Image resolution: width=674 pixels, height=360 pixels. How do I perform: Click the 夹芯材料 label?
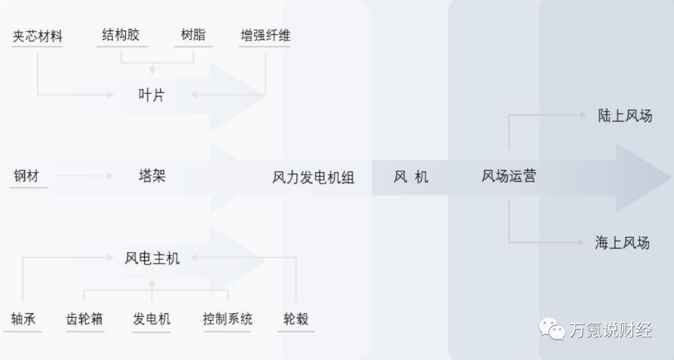tap(37, 36)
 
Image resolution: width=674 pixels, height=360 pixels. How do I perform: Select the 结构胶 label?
tap(120, 35)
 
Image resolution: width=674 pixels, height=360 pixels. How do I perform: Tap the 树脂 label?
tap(193, 35)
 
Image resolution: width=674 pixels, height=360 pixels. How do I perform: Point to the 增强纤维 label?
tap(265, 36)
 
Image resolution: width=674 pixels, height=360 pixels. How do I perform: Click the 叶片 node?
tap(152, 95)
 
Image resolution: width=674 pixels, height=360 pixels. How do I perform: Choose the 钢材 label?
tap(26, 176)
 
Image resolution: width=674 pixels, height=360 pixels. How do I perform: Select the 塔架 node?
tap(152, 175)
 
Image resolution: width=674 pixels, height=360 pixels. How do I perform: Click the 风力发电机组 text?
tap(313, 177)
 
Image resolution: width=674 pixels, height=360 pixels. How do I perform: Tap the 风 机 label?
tap(411, 177)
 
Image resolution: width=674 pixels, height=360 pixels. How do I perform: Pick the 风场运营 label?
tap(508, 176)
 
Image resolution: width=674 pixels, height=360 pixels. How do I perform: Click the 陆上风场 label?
tap(625, 115)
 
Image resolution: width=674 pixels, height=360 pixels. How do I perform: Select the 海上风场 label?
tap(622, 243)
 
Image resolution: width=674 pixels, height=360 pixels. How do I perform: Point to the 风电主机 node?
tap(152, 257)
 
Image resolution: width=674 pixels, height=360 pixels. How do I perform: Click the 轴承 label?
tap(23, 319)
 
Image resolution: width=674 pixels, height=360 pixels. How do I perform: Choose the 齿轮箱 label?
tap(84, 319)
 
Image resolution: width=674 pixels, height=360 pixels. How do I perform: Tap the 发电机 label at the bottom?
tap(151, 319)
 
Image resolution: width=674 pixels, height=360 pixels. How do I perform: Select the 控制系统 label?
tap(227, 319)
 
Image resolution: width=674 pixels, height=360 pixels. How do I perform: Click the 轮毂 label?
tap(295, 319)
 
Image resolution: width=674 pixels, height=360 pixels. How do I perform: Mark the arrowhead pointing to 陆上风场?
tap(583, 115)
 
